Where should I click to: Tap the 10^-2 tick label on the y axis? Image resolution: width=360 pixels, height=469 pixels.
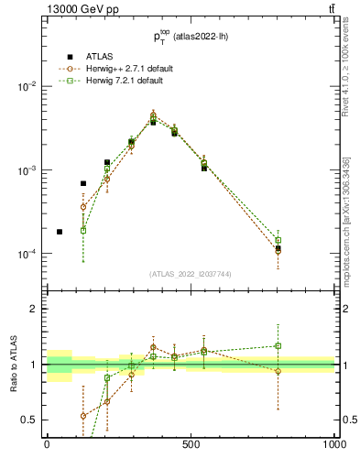(27, 86)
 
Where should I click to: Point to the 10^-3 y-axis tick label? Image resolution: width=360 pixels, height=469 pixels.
(27, 170)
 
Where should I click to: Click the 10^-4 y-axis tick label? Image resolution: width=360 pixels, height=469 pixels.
(27, 255)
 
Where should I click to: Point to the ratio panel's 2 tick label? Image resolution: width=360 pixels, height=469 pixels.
(33, 310)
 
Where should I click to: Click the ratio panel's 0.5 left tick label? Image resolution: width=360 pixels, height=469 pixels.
(29, 420)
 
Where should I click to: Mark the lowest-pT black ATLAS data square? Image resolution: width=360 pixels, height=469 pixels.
(60, 232)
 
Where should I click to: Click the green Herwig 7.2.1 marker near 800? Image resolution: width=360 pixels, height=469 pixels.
(278, 241)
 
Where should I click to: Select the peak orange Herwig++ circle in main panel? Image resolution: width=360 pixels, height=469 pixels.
(153, 115)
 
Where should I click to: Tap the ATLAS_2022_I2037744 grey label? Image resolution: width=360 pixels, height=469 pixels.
(190, 274)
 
